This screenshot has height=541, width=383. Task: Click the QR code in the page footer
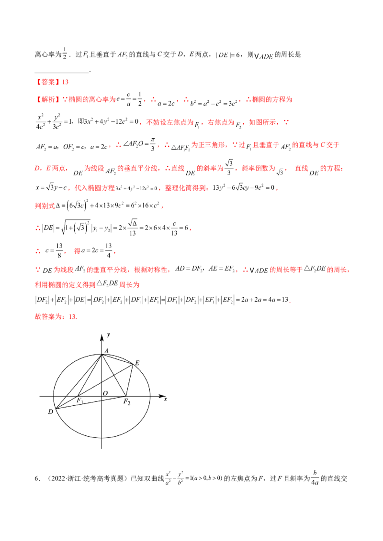coord(169,476)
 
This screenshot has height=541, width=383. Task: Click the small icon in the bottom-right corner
coord(315,477)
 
